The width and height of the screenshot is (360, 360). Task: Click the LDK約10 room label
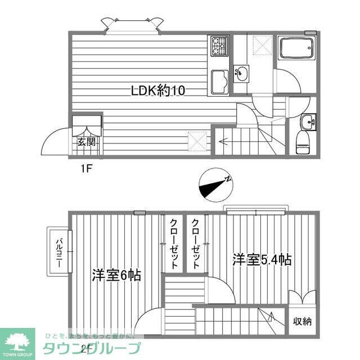point(157,91)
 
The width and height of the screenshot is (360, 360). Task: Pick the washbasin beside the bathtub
point(242,73)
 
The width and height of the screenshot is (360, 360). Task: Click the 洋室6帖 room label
point(116,275)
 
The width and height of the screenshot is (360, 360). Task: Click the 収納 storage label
point(301,322)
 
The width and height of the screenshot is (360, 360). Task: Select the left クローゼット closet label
point(174,243)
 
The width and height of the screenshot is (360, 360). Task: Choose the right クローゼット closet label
point(195,243)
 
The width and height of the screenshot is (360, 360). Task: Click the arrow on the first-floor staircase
point(226,141)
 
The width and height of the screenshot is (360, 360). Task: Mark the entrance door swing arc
point(56,138)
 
